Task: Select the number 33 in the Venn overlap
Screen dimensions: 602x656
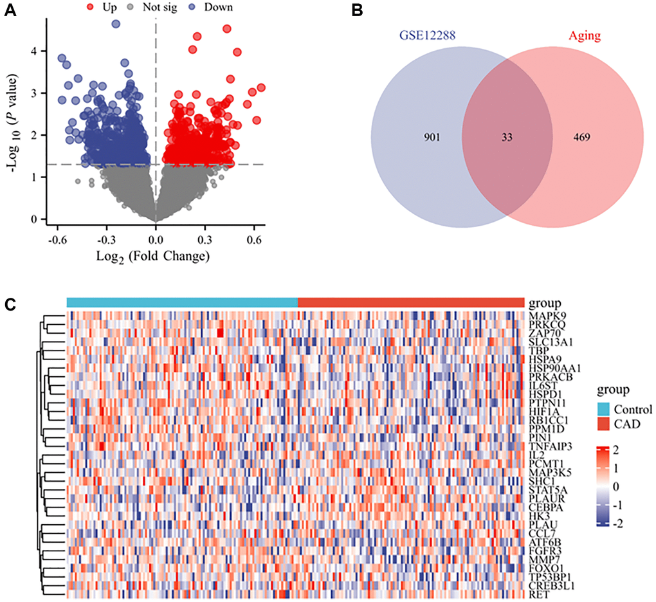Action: point(507,136)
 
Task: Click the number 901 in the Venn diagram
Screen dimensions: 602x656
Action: point(428,136)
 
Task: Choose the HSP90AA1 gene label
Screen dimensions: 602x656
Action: point(554,367)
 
